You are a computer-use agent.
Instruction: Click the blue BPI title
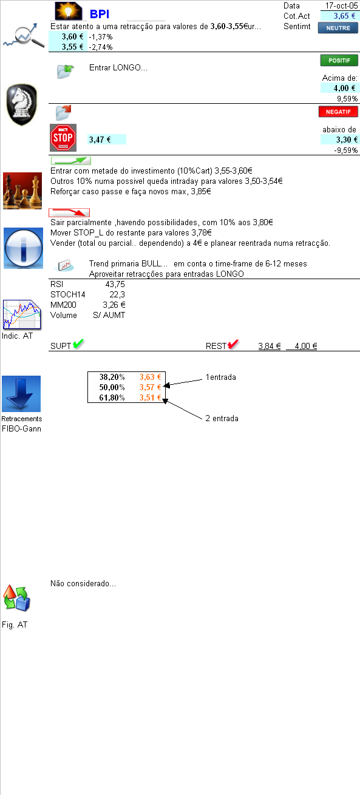pyautogui.click(x=100, y=14)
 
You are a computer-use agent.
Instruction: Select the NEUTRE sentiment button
pyautogui.click(x=338, y=27)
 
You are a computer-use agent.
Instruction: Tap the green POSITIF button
pyautogui.click(x=339, y=60)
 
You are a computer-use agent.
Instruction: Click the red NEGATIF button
pyautogui.click(x=338, y=112)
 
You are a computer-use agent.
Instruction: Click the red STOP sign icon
pyautogui.click(x=63, y=138)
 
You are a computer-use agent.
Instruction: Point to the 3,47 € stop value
pyautogui.click(x=100, y=140)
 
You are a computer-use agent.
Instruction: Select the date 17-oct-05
pyautogui.click(x=341, y=5)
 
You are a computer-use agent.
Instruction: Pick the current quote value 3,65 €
pyautogui.click(x=344, y=16)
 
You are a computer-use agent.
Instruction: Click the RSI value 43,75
pyautogui.click(x=115, y=284)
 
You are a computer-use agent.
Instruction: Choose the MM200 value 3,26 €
pyautogui.click(x=114, y=305)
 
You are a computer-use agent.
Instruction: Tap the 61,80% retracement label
pyautogui.click(x=112, y=398)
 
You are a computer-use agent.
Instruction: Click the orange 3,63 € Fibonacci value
pyautogui.click(x=149, y=377)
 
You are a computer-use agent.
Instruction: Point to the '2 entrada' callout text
pyautogui.click(x=222, y=418)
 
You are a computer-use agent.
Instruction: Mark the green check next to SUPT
pyautogui.click(x=78, y=344)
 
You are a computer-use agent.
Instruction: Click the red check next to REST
pyautogui.click(x=233, y=345)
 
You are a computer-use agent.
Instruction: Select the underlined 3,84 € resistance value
pyautogui.click(x=269, y=347)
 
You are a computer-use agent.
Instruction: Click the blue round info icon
pyautogui.click(x=23, y=248)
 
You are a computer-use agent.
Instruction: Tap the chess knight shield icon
pyautogui.click(x=21, y=105)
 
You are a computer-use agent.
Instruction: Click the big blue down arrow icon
pyautogui.click(x=21, y=394)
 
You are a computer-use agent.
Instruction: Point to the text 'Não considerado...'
pyautogui.click(x=83, y=584)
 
